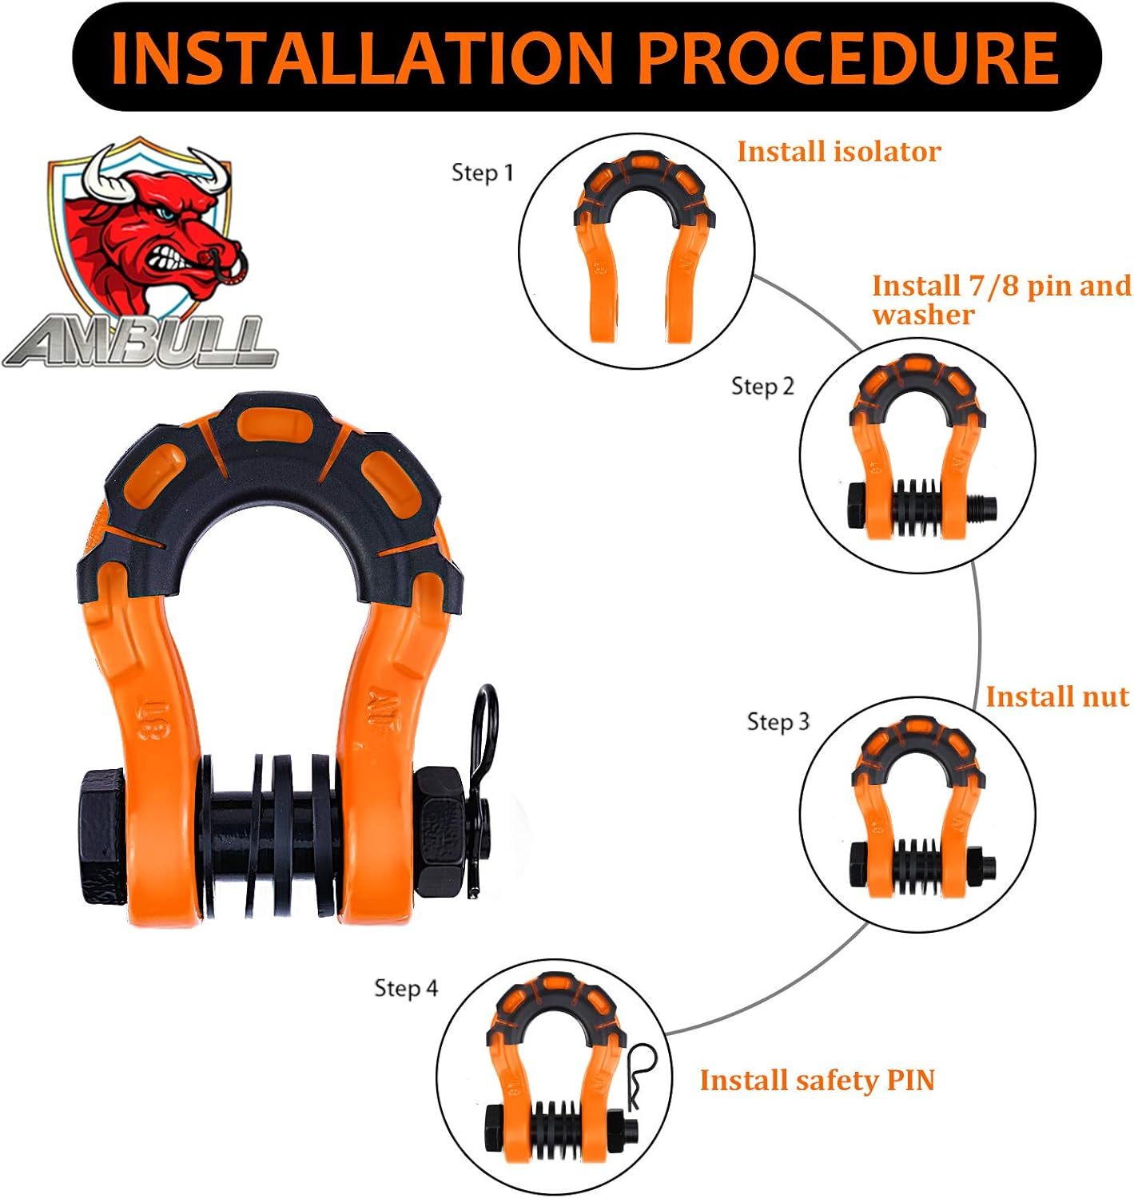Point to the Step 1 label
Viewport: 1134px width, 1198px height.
(482, 173)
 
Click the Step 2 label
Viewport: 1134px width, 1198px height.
(762, 387)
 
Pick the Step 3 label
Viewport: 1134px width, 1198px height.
(778, 722)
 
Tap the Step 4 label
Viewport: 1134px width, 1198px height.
(406, 989)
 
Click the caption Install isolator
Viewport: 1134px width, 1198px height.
(838, 152)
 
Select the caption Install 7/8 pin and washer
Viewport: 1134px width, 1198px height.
(1001, 299)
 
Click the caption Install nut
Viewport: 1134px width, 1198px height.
(1056, 696)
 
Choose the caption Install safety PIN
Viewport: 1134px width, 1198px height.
(817, 1081)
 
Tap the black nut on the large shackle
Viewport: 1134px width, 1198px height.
(441, 831)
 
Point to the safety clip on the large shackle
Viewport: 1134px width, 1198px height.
(483, 767)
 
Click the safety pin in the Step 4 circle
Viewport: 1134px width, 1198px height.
(641, 1074)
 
